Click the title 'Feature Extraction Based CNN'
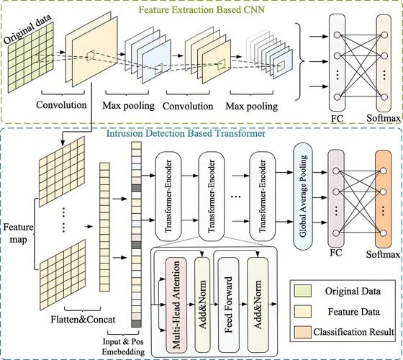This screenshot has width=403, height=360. pyautogui.click(x=201, y=10)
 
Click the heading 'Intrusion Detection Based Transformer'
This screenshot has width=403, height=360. pyautogui.click(x=186, y=133)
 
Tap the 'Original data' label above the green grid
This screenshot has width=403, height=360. pyautogui.click(x=27, y=29)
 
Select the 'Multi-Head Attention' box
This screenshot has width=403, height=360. pyautogui.click(x=176, y=305)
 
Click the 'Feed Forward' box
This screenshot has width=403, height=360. pyautogui.click(x=228, y=305)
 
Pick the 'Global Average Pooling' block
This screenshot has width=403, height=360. pyautogui.click(x=303, y=196)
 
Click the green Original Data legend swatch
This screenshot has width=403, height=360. pyautogui.click(x=303, y=291)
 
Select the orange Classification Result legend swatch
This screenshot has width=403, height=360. pyautogui.click(x=303, y=332)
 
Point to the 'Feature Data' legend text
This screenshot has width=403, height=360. pyautogui.click(x=353, y=312)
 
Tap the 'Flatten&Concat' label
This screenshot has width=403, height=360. pyautogui.click(x=83, y=320)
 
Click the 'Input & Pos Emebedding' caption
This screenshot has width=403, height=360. pyautogui.click(x=123, y=346)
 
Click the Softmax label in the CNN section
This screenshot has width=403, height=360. pyautogui.click(x=384, y=118)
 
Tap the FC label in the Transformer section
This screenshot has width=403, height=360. pyautogui.click(x=336, y=253)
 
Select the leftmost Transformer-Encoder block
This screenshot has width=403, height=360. pyautogui.click(x=168, y=196)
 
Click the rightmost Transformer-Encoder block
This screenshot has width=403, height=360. pyautogui.click(x=263, y=196)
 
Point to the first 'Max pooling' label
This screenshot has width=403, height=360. pyautogui.click(x=129, y=105)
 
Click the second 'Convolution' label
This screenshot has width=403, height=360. pyautogui.click(x=188, y=107)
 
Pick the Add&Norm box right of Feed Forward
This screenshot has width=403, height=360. pyautogui.click(x=258, y=305)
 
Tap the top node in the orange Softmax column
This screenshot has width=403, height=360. pyautogui.click(x=383, y=171)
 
